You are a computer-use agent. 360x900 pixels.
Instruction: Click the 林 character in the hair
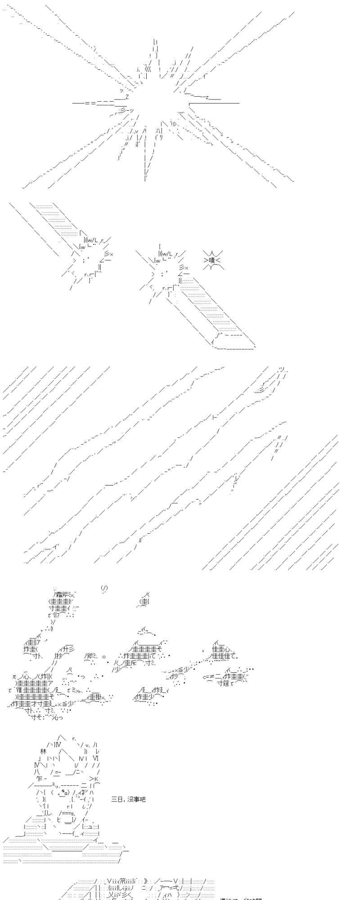point(44,751)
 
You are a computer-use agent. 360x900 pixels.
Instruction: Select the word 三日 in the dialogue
point(116,799)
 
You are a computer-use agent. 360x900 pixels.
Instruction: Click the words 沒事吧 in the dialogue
point(136,799)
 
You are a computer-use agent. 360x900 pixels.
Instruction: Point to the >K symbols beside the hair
point(94,778)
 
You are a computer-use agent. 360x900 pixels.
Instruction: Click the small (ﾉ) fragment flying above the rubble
point(104,588)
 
